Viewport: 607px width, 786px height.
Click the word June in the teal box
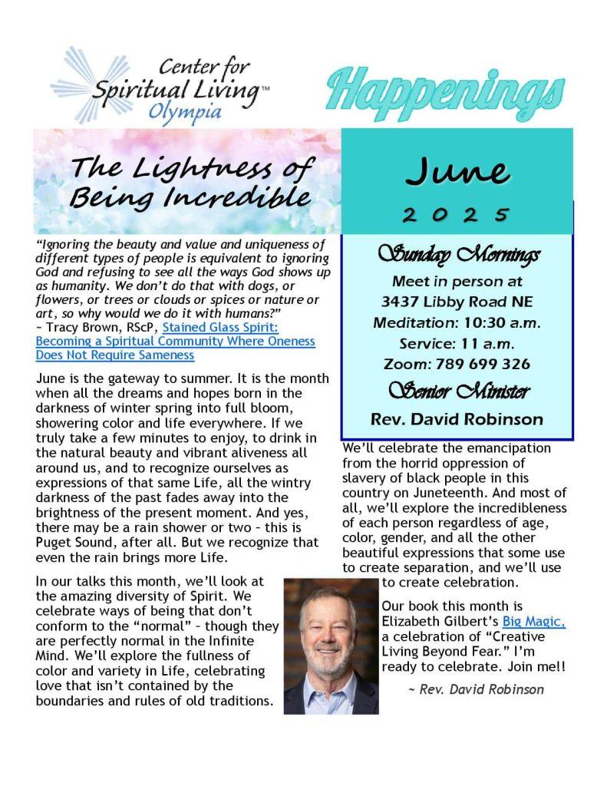(457, 170)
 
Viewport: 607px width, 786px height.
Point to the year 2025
(457, 214)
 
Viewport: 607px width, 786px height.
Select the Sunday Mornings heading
(457, 255)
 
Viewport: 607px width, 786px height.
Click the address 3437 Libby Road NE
(457, 301)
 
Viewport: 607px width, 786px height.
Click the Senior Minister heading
(457, 392)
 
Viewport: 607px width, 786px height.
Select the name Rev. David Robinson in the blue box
(457, 420)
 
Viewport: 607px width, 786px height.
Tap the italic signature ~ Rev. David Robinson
(476, 689)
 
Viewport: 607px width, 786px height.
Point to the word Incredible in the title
(244, 196)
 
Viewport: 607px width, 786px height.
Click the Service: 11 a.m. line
(457, 343)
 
